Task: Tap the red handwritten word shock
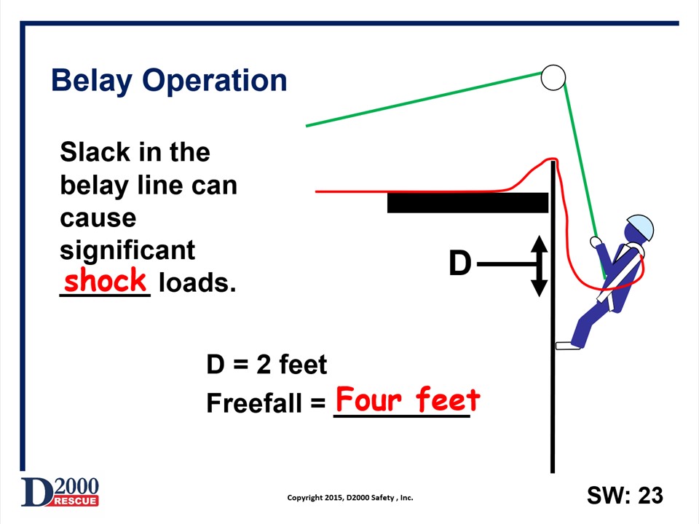tap(106, 281)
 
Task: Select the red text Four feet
tap(407, 400)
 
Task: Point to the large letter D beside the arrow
tap(460, 263)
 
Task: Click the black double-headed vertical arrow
tap(539, 266)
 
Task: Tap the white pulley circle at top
tap(553, 78)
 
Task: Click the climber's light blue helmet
tap(640, 228)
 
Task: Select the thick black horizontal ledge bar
tap(467, 203)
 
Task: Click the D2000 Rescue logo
tap(60, 493)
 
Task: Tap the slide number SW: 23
tap(625, 496)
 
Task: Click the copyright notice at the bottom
tap(350, 498)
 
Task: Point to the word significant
tap(127, 250)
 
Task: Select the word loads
tap(197, 283)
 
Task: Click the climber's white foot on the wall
tap(564, 346)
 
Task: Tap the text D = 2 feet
tap(266, 365)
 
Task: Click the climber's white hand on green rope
tap(596, 242)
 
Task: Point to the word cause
tap(98, 218)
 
